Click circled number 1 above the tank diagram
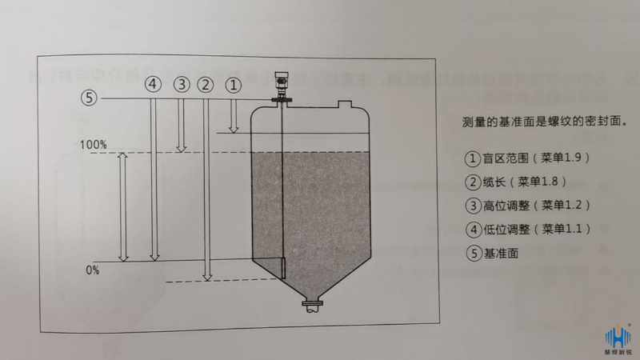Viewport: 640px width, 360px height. pos(233,82)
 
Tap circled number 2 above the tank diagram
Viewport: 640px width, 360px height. pos(206,83)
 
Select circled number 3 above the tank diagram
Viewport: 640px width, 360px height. pos(181,83)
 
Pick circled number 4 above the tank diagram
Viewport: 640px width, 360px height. pos(153,83)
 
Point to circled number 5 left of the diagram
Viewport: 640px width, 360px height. pos(89,98)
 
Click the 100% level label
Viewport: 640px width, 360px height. pos(93,145)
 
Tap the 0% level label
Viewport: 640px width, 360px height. pos(93,270)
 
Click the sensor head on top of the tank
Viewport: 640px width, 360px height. pos(282,82)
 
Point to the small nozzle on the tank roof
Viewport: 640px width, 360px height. pos(346,104)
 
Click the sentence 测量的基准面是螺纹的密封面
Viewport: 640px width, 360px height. pos(544,123)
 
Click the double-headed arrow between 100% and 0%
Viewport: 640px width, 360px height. pos(123,207)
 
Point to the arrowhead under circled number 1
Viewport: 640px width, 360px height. pos(233,127)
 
